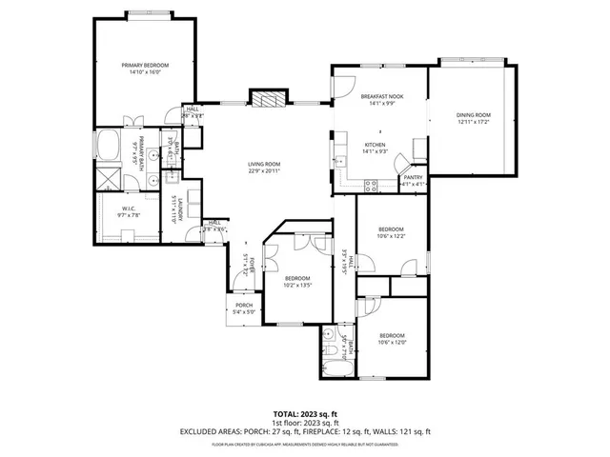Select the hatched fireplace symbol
(x=266, y=98)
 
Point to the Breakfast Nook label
(x=380, y=97)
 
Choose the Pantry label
(x=413, y=176)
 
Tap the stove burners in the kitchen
(x=373, y=187)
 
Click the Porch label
(x=245, y=305)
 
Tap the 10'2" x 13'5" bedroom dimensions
(x=298, y=285)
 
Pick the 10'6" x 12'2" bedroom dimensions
(x=391, y=236)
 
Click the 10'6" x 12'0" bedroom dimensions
(x=391, y=342)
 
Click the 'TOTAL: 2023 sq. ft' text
(x=305, y=414)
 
